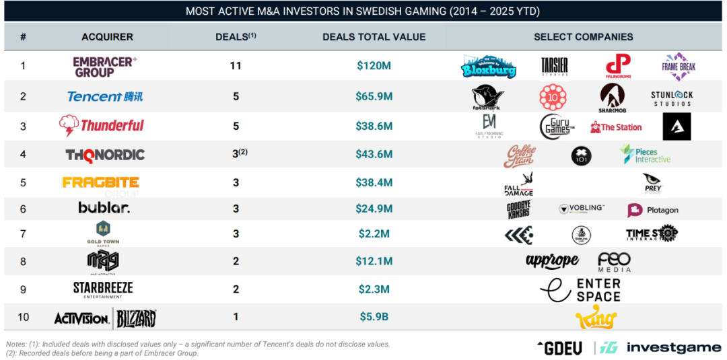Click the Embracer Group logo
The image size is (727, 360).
[x=104, y=67]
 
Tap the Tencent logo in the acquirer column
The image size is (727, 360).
[x=105, y=96]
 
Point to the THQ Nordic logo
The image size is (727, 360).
[x=105, y=155]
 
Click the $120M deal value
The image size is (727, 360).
[x=374, y=67]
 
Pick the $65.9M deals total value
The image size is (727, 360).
[x=374, y=96]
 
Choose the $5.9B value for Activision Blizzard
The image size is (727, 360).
[x=374, y=316]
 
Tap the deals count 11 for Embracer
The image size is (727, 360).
[x=235, y=67]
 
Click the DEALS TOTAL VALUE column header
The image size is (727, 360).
[x=374, y=36]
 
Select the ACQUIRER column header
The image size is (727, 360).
[x=107, y=36]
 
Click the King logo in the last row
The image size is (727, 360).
[x=596, y=317]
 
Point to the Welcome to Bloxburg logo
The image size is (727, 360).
[x=489, y=66]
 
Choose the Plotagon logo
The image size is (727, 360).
[x=653, y=210]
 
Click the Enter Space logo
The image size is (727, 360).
[x=580, y=289]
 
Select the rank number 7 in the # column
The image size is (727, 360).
[x=23, y=233]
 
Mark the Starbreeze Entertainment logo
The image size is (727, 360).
[x=103, y=289]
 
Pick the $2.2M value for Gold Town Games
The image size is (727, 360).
[x=374, y=233]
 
